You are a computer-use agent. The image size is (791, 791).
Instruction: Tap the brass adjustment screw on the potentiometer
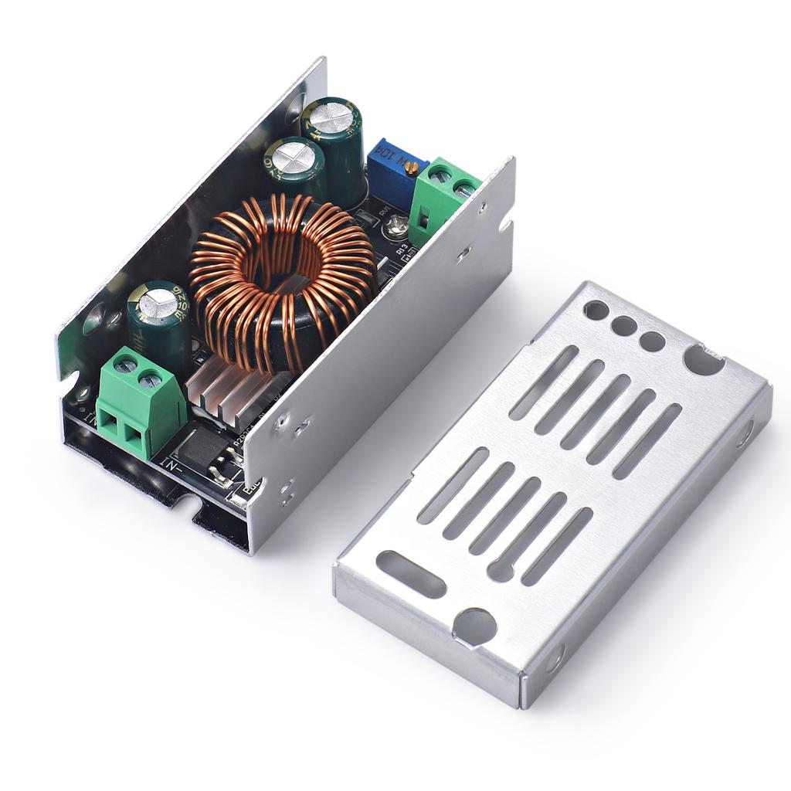(x=412, y=167)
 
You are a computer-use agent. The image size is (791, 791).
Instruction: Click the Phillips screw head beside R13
(x=398, y=226)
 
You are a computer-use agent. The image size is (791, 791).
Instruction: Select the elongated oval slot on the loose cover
(x=410, y=574)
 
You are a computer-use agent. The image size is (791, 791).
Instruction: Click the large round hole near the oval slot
(x=474, y=626)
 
